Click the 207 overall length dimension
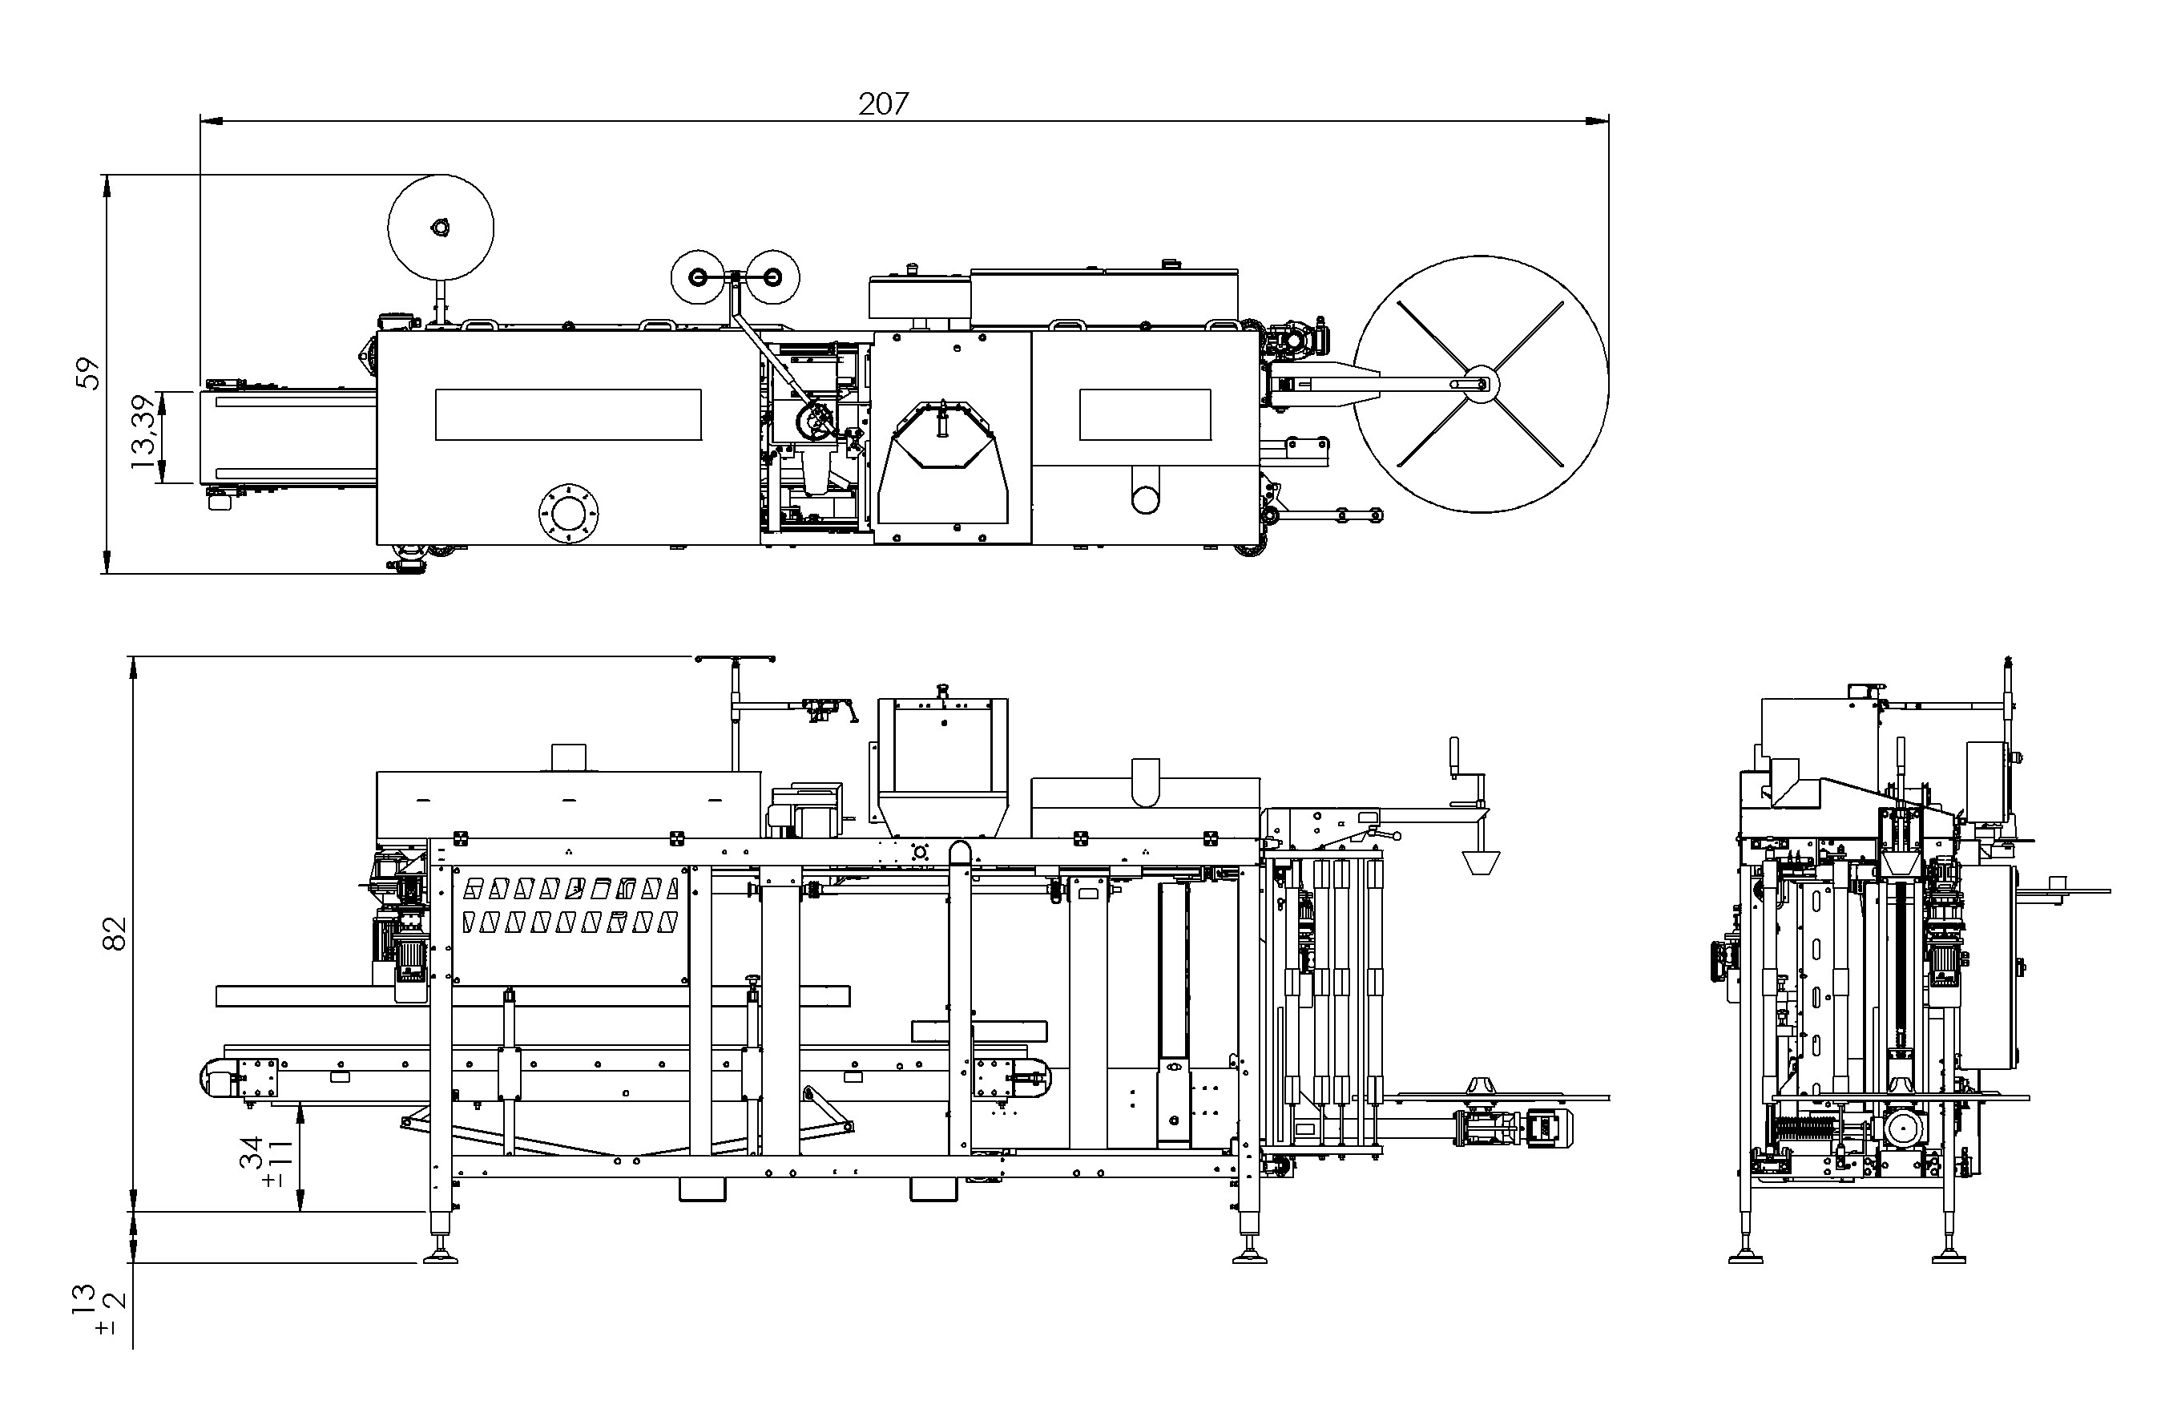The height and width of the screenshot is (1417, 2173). [883, 104]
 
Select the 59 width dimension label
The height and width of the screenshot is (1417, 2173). [87, 373]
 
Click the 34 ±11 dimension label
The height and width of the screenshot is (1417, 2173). [264, 1161]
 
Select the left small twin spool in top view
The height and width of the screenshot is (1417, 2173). [699, 276]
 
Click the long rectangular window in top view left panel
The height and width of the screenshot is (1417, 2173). [568, 414]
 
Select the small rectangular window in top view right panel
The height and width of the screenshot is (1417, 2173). [1145, 414]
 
